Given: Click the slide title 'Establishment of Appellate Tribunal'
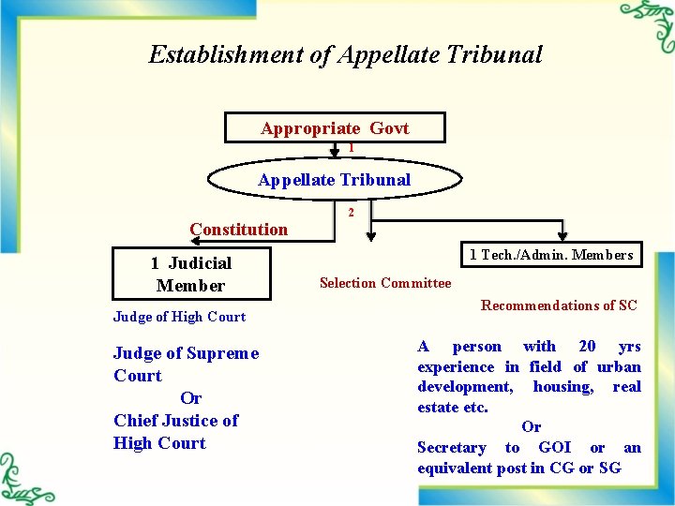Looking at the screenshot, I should [345, 54].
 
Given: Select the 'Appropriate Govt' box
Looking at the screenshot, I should [335, 128].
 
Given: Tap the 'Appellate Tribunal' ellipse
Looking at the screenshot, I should [335, 180].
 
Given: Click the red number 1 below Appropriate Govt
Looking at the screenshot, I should [351, 148].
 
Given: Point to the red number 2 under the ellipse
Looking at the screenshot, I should [351, 213].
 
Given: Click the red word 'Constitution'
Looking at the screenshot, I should [238, 230].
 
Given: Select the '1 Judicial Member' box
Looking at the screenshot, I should [191, 274].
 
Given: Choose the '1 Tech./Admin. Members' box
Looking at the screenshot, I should [551, 254].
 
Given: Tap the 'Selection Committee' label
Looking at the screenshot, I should [384, 283].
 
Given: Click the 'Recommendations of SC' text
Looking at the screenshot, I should [559, 305].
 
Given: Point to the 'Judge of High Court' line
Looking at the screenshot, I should [179, 317].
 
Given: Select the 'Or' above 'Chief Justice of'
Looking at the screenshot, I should [190, 398].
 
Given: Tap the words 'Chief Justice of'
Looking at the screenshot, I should [175, 421].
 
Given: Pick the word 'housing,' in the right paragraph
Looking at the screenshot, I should [562, 387].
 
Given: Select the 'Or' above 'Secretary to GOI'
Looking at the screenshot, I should [531, 427].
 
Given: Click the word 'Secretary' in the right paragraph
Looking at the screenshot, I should [451, 448].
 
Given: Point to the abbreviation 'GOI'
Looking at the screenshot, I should [555, 448].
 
